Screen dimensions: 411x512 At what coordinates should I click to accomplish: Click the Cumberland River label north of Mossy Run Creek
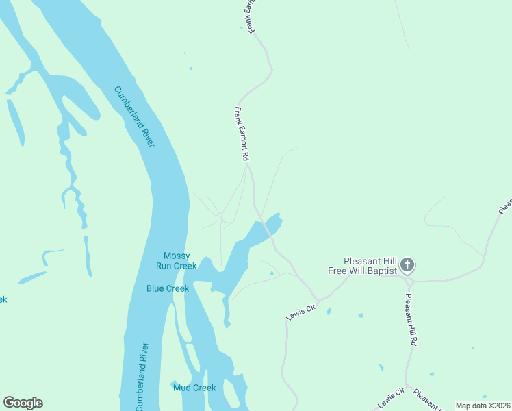(x=135, y=116)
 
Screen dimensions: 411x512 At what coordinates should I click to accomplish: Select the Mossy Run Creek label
(x=176, y=260)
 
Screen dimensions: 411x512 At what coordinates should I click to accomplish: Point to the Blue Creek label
(x=167, y=288)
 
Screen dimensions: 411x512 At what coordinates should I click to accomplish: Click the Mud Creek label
(x=194, y=388)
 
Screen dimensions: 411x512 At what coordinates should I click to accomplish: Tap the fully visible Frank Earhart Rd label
(x=241, y=134)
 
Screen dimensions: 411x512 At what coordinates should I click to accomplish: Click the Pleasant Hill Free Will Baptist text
(x=370, y=266)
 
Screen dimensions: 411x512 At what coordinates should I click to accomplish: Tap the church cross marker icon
(x=407, y=264)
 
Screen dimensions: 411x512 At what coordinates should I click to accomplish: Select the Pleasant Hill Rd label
(x=411, y=319)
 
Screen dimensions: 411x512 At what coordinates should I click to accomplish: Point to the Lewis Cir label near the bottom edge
(x=391, y=397)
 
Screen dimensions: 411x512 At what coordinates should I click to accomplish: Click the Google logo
(x=23, y=403)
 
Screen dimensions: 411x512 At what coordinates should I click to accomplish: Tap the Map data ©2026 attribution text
(x=483, y=406)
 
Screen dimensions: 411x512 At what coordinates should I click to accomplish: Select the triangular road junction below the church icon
(x=407, y=280)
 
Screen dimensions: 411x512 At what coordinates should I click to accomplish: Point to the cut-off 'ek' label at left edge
(x=3, y=299)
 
